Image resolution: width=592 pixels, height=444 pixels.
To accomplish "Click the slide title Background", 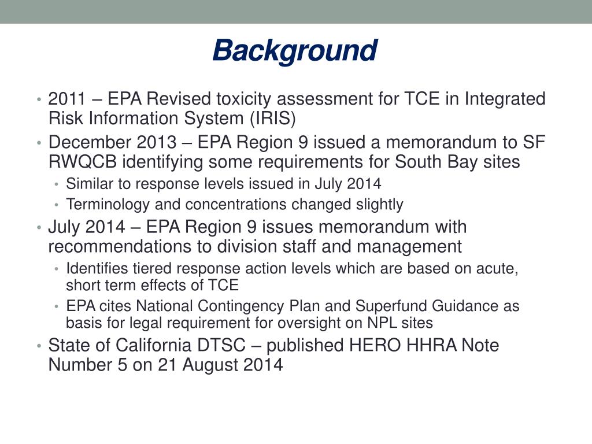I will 295,51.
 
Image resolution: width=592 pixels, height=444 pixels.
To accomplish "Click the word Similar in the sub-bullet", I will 85,184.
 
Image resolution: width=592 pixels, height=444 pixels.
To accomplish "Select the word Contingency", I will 225,306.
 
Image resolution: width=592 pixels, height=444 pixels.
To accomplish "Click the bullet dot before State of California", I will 39,346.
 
